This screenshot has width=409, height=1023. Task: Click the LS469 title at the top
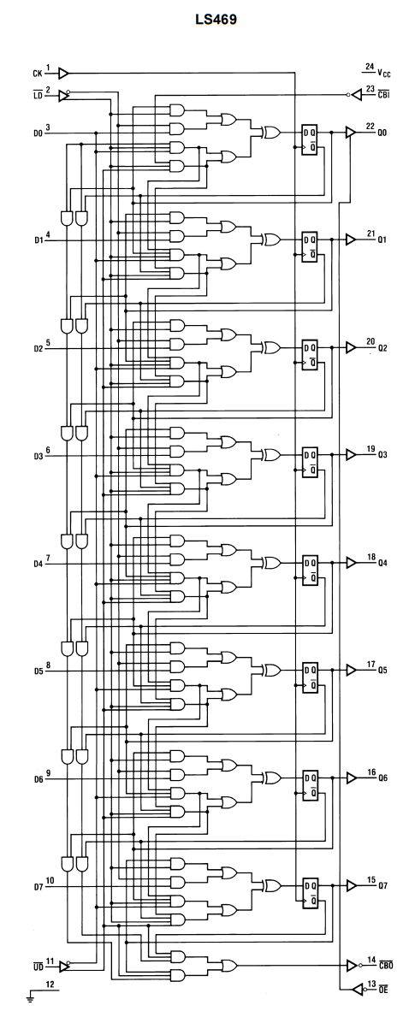point(216,20)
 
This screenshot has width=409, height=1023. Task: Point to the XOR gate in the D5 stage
point(270,670)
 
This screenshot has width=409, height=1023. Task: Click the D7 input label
point(39,887)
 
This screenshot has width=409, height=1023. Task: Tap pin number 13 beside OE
point(371,984)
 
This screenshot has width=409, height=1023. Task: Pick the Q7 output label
point(382,886)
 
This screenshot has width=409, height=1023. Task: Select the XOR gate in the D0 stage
point(270,133)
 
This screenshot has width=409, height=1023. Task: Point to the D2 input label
point(39,349)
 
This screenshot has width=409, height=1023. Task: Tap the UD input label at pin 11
point(38,966)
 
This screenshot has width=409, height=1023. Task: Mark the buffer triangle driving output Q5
point(351,670)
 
